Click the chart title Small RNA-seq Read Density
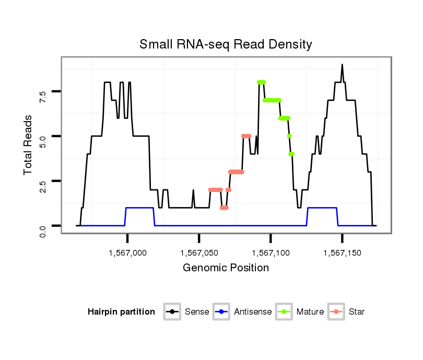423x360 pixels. click(226, 44)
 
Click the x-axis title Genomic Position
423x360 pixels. click(226, 268)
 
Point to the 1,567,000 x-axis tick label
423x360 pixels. click(127, 253)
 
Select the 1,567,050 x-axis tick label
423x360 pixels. click(199, 253)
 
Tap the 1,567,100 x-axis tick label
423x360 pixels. click(271, 253)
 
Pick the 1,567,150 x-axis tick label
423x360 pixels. click(342, 253)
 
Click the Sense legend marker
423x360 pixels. click(172, 312)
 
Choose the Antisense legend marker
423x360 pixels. click(222, 312)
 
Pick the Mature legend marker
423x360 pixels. click(284, 312)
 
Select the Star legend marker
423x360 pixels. click(336, 312)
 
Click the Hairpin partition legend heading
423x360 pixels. click(121, 312)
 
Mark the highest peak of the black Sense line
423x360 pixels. click(342, 65)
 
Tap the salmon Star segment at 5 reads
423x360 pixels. click(246, 136)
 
